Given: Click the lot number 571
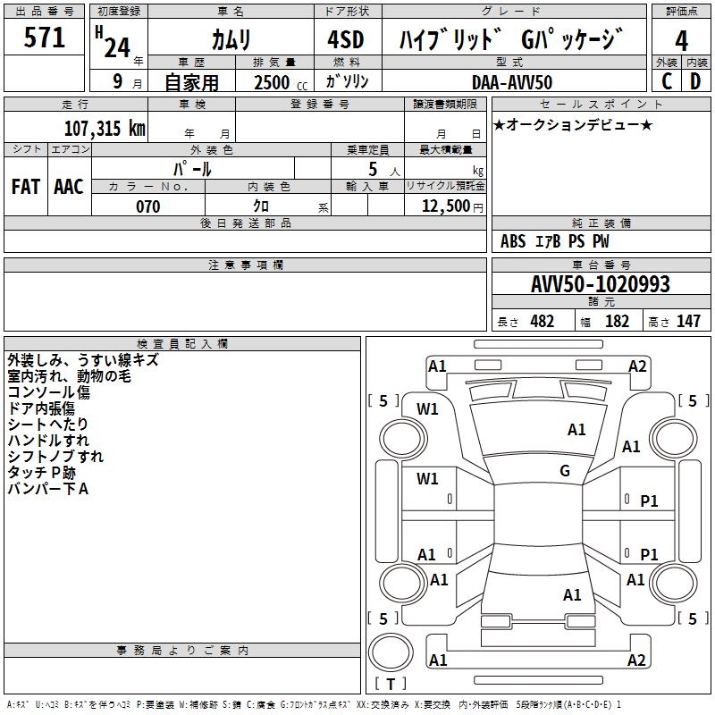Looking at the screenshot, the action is [45, 38].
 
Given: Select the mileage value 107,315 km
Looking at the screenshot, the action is [105, 128].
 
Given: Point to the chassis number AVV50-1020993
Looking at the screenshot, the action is [600, 284].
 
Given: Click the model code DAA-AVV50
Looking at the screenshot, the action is [512, 82].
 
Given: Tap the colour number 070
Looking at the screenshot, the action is [147, 206].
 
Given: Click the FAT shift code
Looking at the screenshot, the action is [25, 187].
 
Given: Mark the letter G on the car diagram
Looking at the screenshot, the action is [565, 471].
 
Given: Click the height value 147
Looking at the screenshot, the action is [688, 322].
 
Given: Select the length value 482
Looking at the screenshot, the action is [542, 322].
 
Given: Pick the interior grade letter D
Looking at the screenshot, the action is [694, 80].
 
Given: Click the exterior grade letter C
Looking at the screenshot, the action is [667, 80].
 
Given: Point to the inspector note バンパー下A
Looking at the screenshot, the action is [47, 489].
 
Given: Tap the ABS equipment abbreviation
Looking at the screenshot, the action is [513, 241].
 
